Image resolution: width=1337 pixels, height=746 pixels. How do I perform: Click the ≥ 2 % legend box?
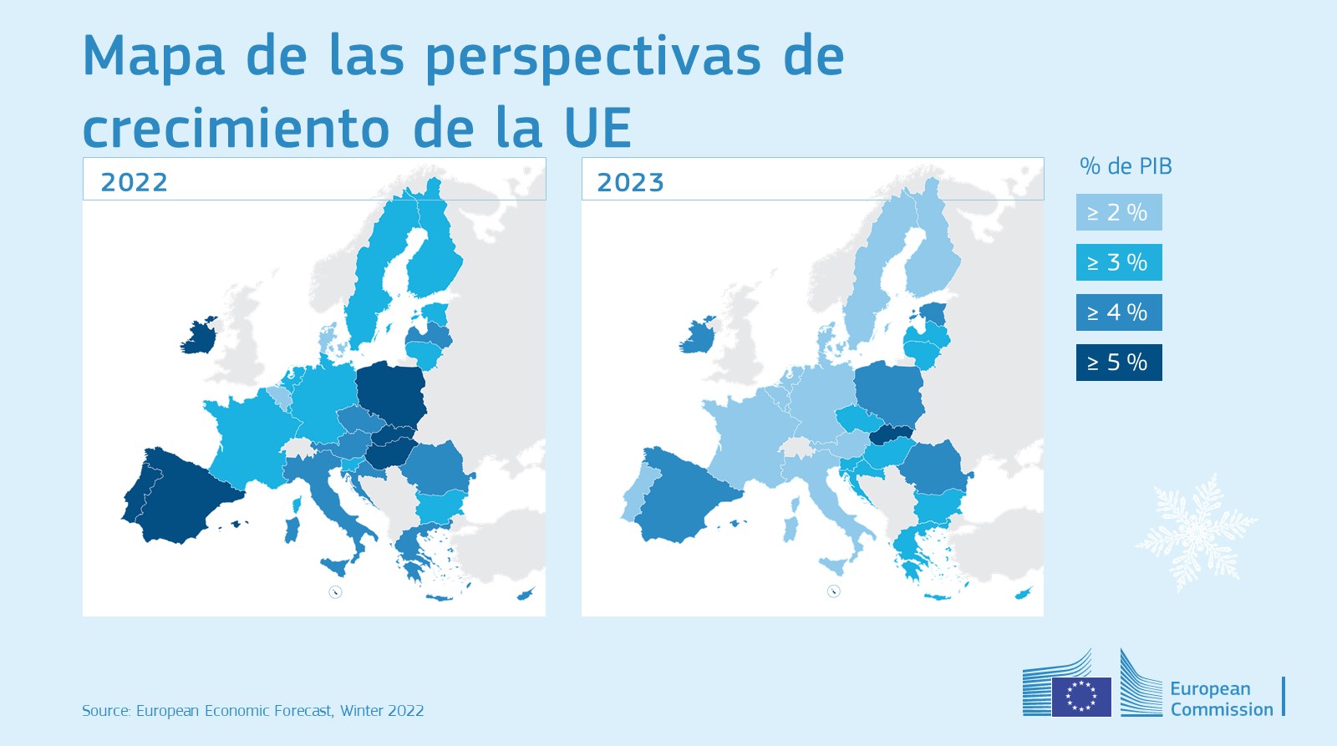[1118, 212]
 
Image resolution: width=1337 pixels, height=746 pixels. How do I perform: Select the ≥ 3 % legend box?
[1118, 262]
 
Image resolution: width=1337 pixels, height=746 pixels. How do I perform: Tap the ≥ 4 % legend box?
[1118, 312]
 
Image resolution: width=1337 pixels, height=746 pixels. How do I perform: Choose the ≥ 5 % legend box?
[1118, 363]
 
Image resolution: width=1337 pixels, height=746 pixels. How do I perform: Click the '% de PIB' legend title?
[1126, 166]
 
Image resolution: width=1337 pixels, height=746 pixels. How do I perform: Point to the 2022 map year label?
[134, 182]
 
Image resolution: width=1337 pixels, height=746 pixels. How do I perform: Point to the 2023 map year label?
[630, 182]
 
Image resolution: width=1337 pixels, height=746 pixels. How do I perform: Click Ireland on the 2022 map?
[199, 336]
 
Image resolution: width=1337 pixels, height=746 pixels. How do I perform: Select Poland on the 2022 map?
[389, 393]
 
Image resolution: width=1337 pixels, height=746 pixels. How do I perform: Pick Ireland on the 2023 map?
[697, 336]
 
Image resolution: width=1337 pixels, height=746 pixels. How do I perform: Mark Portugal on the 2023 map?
[633, 497]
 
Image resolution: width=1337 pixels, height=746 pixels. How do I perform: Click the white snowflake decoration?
[1195, 531]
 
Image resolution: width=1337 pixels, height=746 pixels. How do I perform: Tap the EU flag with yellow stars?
[1081, 696]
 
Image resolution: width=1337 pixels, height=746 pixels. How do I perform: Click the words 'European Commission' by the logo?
[1221, 699]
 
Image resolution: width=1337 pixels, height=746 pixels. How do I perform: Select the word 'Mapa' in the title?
[153, 56]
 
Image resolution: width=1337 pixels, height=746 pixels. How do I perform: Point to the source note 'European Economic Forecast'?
[234, 711]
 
